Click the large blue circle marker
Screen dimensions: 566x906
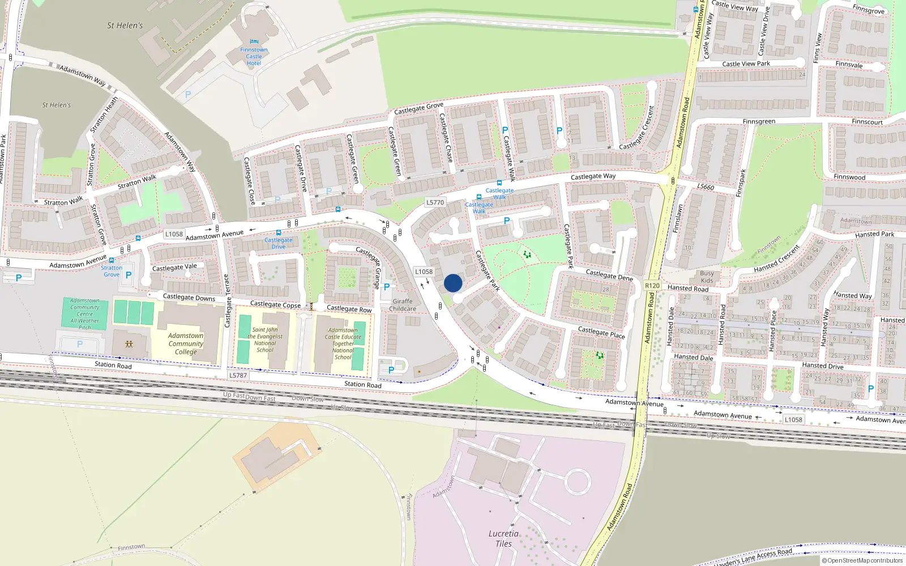click(x=453, y=283)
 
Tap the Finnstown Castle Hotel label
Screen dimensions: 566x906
click(x=254, y=56)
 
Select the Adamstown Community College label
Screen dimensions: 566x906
click(x=186, y=344)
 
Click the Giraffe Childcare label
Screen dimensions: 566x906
click(x=403, y=305)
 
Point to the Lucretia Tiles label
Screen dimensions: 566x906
click(x=503, y=538)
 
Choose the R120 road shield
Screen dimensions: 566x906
click(x=652, y=285)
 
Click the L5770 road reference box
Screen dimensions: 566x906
click(x=435, y=202)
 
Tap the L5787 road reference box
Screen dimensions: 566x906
click(x=238, y=375)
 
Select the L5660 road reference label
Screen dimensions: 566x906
click(x=706, y=187)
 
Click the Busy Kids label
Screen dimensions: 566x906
click(x=707, y=277)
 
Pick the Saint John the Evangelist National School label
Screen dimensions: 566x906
click(x=264, y=340)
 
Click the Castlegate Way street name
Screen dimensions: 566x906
click(x=593, y=177)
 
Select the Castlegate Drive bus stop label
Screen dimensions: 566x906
click(x=279, y=243)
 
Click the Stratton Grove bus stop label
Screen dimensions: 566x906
click(x=112, y=271)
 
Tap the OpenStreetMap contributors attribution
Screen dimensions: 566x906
click(x=862, y=560)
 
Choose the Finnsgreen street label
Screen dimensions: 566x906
click(x=759, y=122)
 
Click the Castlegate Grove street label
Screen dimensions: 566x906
click(x=418, y=108)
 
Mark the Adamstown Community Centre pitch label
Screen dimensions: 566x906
click(x=85, y=314)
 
